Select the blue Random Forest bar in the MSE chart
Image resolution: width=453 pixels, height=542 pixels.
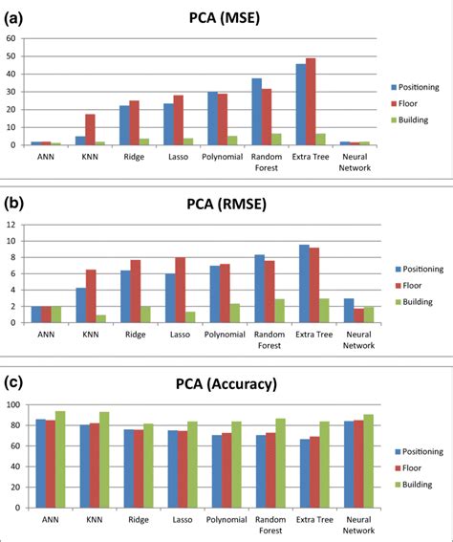tap(256, 112)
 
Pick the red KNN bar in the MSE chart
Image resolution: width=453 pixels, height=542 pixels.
tap(90, 130)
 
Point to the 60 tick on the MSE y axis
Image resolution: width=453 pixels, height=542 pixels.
tap(11, 39)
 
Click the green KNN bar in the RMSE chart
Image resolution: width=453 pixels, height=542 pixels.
tap(99, 318)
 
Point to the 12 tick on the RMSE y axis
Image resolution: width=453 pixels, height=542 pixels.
tap(11, 226)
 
